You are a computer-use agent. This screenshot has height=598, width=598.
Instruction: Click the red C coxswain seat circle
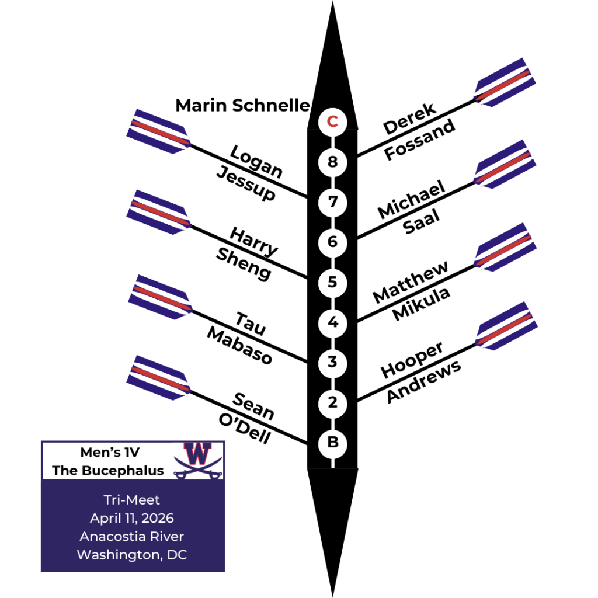coord(332,121)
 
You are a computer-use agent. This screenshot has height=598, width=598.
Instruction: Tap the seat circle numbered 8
coord(332,162)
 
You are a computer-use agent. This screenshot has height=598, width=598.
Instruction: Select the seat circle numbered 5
coord(332,282)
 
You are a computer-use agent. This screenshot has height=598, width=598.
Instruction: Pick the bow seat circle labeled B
coord(332,443)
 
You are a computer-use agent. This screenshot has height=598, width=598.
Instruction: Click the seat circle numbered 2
coord(332,402)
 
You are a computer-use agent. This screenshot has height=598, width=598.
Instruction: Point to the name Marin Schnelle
coord(242,105)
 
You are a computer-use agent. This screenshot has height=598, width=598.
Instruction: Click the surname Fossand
coord(419,140)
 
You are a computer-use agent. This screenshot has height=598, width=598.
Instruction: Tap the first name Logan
coord(256,161)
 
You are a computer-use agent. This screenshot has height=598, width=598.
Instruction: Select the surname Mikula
coord(421,303)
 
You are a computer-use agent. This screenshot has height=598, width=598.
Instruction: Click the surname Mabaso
coord(240,346)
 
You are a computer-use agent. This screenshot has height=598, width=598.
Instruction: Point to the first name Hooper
coord(412,360)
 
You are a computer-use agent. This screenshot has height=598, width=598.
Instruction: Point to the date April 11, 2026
coord(132,518)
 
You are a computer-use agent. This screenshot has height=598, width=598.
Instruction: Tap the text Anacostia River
coord(132,536)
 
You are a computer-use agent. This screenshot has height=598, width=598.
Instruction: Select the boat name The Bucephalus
coord(108,470)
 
